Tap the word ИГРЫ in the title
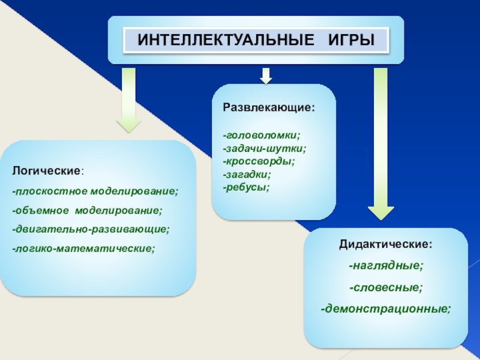point(351,41)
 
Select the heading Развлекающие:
point(269,109)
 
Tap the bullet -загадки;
point(247,175)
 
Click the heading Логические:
point(48,172)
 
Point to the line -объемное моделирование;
point(86,211)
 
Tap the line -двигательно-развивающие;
point(91,229)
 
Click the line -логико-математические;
point(83,248)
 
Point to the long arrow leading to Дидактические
point(380,144)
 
